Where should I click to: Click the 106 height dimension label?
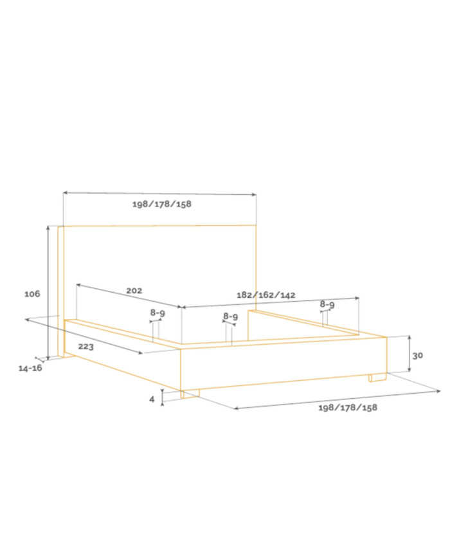tap(32, 294)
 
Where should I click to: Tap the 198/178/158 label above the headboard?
tap(162, 204)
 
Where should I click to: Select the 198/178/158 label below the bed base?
tap(348, 407)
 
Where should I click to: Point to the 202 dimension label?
tap(134, 291)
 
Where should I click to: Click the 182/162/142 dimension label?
tap(266, 295)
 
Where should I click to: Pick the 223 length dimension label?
tap(86, 347)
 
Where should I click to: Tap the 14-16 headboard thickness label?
tap(30, 368)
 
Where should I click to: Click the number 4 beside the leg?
tap(152, 399)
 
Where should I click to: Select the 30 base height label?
tap(418, 356)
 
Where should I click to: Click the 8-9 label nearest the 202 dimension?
tap(157, 313)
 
